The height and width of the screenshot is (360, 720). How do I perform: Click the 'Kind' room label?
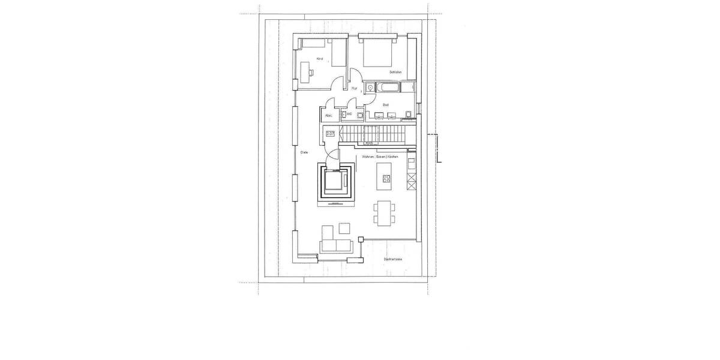(320, 59)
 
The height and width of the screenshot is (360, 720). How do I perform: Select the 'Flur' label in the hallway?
(354, 89)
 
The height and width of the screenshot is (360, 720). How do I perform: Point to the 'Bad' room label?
(385, 105)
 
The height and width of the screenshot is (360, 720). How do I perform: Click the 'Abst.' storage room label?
(328, 115)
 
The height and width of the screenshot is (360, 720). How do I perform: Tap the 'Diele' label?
(304, 152)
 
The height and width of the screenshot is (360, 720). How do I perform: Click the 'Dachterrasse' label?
(393, 259)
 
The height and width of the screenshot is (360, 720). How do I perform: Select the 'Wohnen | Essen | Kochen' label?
(380, 156)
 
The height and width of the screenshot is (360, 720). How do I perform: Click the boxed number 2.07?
(330, 134)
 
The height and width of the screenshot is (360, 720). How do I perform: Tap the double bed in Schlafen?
(377, 52)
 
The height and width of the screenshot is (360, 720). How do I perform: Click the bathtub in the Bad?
(389, 88)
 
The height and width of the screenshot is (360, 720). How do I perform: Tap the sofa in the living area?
(335, 245)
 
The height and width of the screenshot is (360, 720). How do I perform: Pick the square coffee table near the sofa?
(344, 228)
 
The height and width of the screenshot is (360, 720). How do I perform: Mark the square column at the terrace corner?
(361, 239)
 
